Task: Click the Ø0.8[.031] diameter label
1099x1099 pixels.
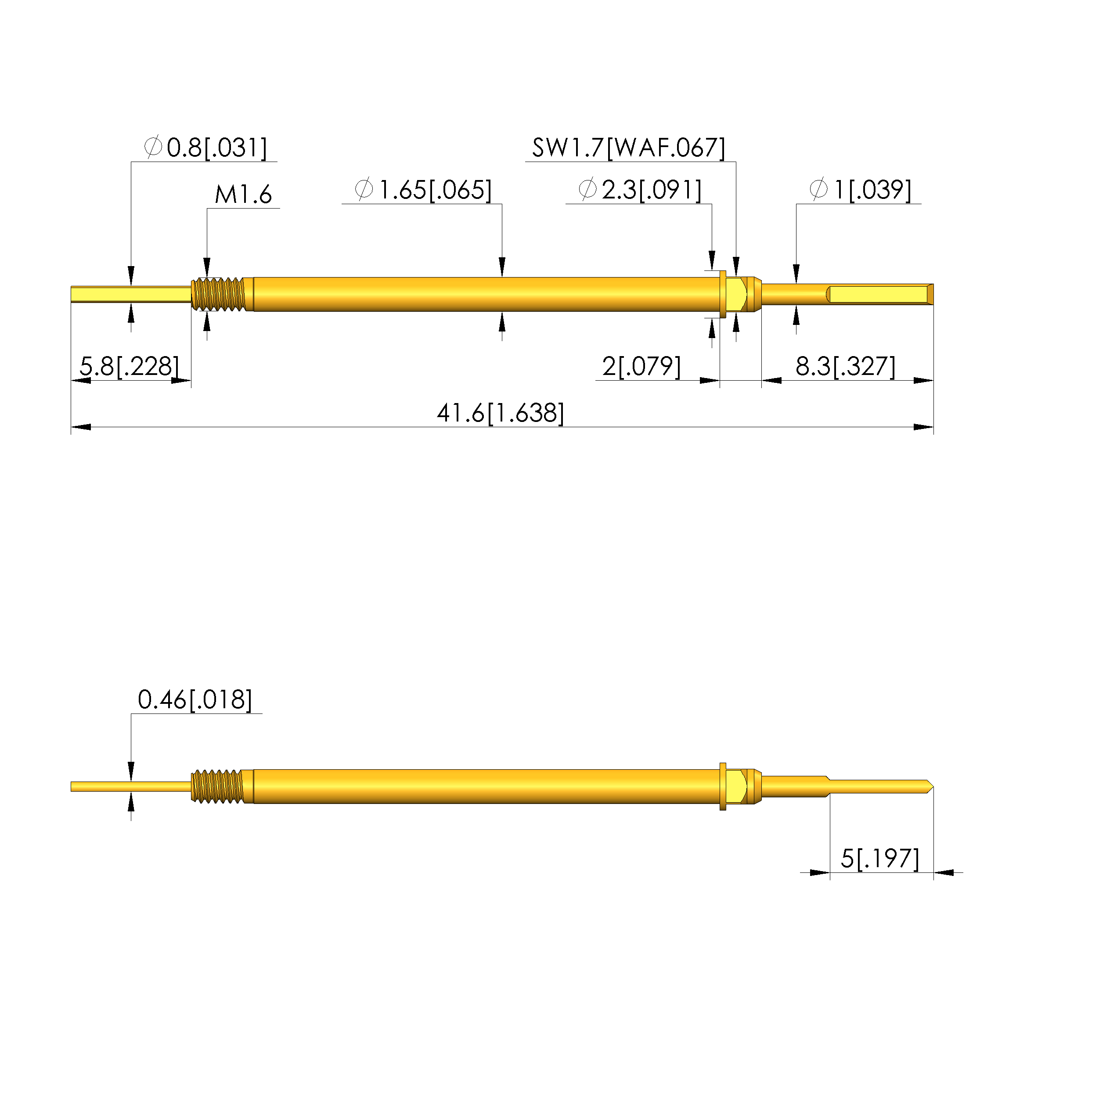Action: (x=206, y=148)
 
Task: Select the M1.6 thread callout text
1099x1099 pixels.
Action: (x=243, y=195)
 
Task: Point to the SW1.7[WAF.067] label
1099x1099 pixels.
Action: (x=629, y=148)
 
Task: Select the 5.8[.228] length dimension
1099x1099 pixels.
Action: (x=129, y=366)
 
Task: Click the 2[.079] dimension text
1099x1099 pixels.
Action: (x=641, y=366)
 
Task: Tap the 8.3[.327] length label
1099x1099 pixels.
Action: (x=845, y=366)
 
